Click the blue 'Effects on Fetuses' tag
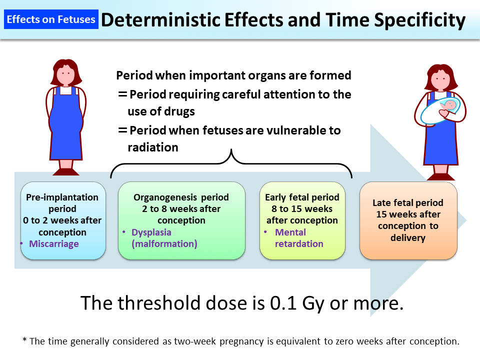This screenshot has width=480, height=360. point(51,20)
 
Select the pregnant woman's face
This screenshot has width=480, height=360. point(65,74)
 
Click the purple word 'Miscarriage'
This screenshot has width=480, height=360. point(54,244)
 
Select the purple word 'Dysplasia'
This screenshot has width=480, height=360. point(151,232)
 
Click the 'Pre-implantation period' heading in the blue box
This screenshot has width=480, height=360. point(62,202)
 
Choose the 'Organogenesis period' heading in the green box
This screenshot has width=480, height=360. point(181,197)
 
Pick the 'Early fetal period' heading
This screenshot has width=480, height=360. point(302,197)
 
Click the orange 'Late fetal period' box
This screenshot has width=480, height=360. point(408,220)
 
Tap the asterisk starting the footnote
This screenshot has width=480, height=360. point(24,341)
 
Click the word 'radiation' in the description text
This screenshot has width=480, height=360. point(152,147)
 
